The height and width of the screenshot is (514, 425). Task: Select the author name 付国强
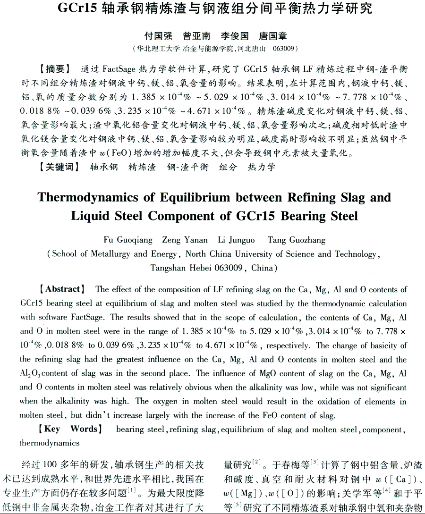(158, 36)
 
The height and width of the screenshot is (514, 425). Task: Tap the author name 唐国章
(272, 36)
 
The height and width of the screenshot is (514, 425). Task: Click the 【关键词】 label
(59, 167)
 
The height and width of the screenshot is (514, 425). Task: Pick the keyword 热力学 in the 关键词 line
(261, 167)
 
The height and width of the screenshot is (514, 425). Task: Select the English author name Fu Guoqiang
(127, 240)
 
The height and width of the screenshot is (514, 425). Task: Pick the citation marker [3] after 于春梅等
(315, 462)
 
